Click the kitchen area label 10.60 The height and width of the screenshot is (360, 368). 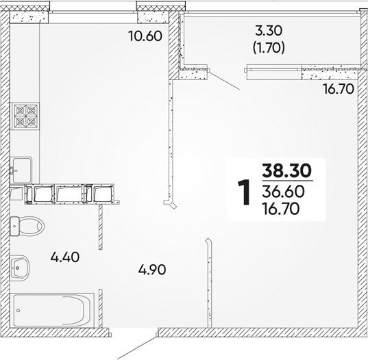coord(145,36)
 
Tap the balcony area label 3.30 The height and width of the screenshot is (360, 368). coord(269,31)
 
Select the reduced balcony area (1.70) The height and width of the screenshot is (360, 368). coord(269,48)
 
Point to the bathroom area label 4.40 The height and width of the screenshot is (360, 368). coord(65,257)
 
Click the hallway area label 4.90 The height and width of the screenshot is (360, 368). coord(152,270)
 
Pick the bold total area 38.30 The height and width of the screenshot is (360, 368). coord(287,170)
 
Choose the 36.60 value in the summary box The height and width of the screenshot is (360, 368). coord(283,192)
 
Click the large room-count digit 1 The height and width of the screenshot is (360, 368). coord(243,192)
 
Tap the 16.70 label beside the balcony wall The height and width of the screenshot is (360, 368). coord(339,89)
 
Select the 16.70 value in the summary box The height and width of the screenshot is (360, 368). coord(281,209)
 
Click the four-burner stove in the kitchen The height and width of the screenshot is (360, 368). coord(26,116)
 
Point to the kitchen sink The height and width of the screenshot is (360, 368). coord(22,170)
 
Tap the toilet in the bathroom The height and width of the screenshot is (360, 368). coord(27,226)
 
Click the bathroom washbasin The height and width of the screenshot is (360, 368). coord(20,268)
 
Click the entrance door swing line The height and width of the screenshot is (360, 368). coord(136,348)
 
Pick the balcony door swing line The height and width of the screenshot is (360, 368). coord(224,80)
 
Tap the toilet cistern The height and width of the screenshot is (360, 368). coord(14,226)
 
